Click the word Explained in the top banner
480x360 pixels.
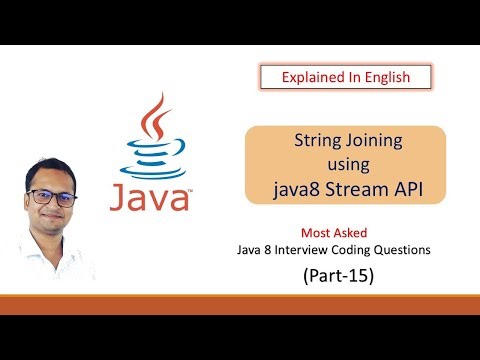pyautogui.click(x=309, y=77)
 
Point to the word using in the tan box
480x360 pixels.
pyautogui.click(x=347, y=162)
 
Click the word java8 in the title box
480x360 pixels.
pyautogui.click(x=298, y=184)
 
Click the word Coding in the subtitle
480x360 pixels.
pyautogui.click(x=373, y=250)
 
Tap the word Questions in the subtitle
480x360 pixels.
pyautogui.click(x=425, y=250)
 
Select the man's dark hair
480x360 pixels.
pyautogui.click(x=54, y=167)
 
